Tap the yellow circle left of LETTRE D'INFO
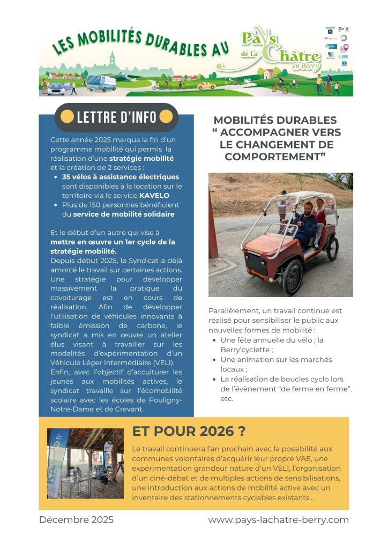pyautogui.click(x=67, y=116)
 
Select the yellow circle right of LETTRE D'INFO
pyautogui.click(x=166, y=116)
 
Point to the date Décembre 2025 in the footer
pyautogui.click(x=76, y=520)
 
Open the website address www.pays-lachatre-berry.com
pyautogui.click(x=278, y=520)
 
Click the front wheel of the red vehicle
pyautogui.click(x=292, y=277)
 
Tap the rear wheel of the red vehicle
pyautogui.click(x=333, y=249)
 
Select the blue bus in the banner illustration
pyautogui.click(x=101, y=83)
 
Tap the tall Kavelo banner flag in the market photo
pyautogui.click(x=58, y=464)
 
